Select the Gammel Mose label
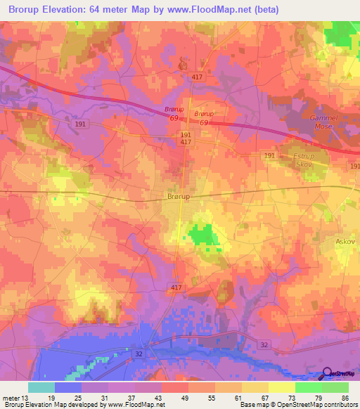324,122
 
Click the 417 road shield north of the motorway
197,76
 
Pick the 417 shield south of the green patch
178,288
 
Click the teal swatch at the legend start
41,387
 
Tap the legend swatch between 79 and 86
335,387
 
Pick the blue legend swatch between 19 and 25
68,387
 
